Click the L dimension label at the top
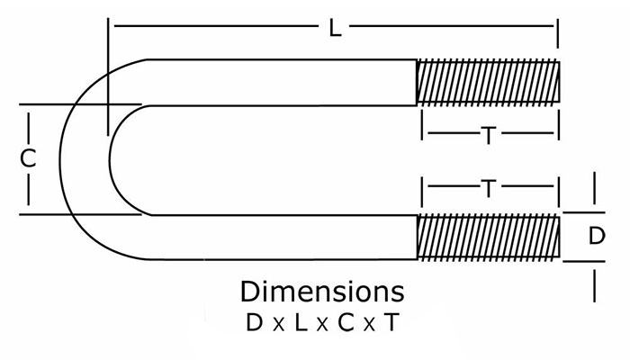335,29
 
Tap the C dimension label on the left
28,158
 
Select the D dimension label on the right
597,236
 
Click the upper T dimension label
489,135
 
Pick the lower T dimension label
489,189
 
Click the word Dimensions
322,292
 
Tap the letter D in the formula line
255,322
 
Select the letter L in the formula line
301,322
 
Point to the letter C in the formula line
346,322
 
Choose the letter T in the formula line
391,322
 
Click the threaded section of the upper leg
488,82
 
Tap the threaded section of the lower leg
488,238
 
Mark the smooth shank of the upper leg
281,83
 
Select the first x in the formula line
278,325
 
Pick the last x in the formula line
369,325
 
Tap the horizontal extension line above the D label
584,212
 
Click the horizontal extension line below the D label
584,262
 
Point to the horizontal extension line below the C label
80,214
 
